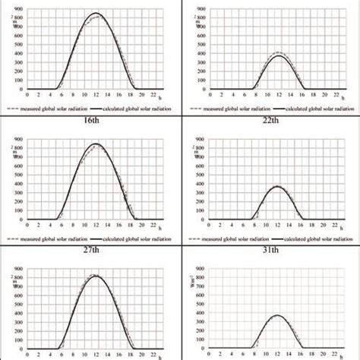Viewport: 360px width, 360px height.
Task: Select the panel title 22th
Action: pos(270,122)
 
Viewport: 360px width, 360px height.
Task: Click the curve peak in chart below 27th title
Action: pos(95,275)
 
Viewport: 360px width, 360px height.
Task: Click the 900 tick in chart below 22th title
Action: pos(201,140)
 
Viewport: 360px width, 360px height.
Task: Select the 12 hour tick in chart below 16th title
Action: pos(95,226)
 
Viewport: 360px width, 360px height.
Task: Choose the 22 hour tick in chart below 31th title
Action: pos(335,355)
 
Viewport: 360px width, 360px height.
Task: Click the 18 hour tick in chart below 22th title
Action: pos(311,226)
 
